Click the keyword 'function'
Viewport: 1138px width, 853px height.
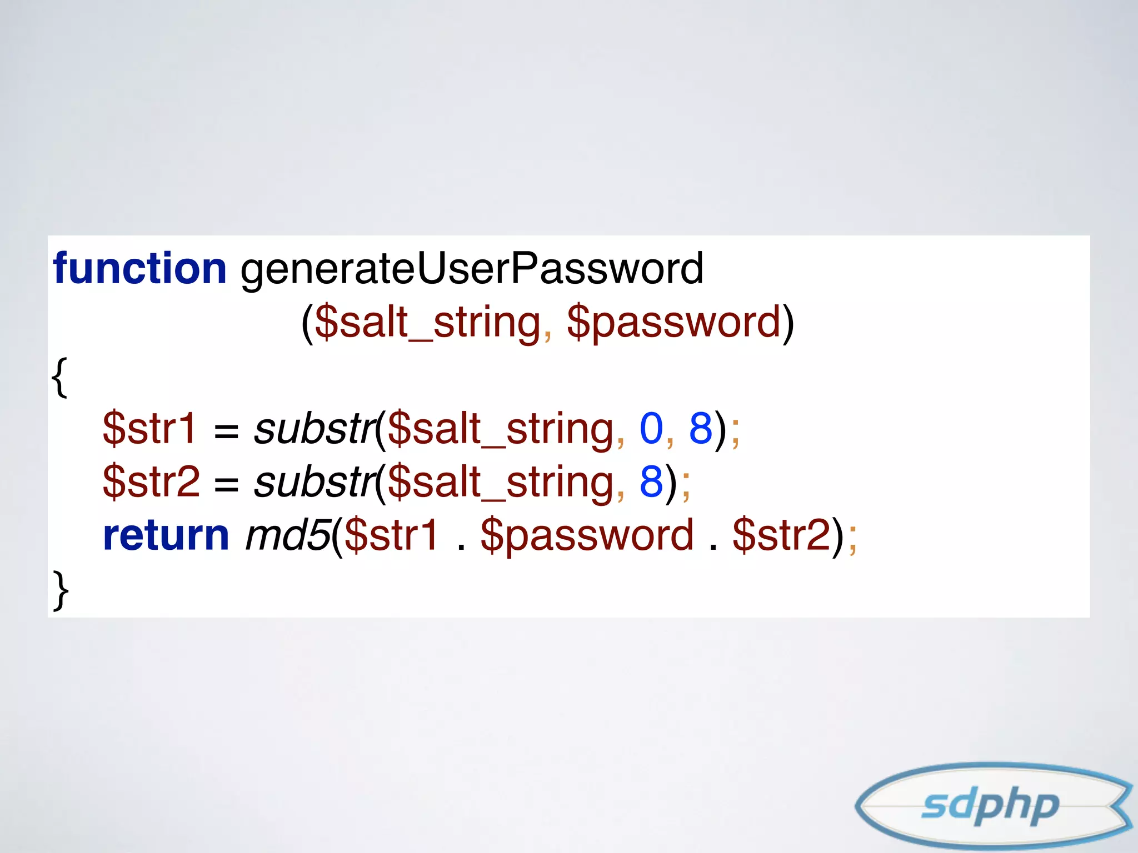point(139,268)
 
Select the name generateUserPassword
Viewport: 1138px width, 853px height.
point(472,269)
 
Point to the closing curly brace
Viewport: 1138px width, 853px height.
point(61,590)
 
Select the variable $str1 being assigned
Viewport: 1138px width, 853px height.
point(149,428)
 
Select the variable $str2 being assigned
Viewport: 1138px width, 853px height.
point(151,481)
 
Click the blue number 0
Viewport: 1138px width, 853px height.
point(651,428)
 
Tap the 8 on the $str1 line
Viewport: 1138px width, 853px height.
point(701,428)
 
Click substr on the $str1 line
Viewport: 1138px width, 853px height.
point(314,428)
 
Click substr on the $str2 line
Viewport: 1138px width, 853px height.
point(314,481)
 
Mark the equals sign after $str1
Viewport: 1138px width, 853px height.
point(226,430)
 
